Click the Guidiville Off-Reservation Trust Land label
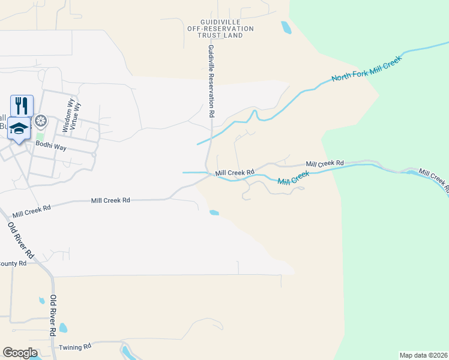point(220,29)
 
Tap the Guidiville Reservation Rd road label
point(211,80)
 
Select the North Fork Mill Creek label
point(366,70)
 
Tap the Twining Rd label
point(75,347)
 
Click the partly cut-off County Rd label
point(13,263)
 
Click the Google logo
point(20,353)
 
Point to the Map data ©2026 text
point(423,355)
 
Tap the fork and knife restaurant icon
point(22,106)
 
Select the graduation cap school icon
point(19,128)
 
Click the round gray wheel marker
point(41,122)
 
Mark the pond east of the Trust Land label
point(286,27)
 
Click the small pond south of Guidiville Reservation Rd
point(214,212)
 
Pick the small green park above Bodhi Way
point(40,136)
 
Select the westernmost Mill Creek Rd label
point(31,210)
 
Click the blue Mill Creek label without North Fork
point(293,178)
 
